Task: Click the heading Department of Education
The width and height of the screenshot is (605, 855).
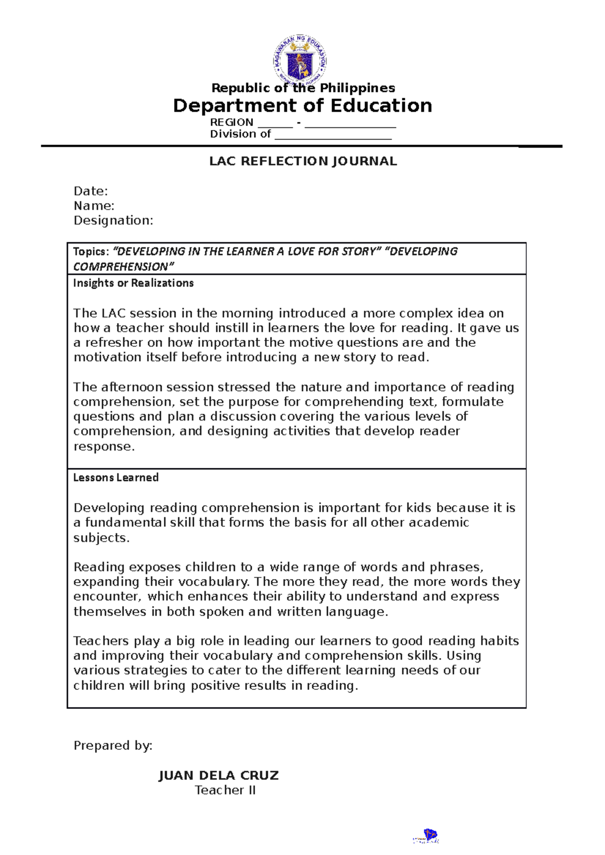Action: click(x=302, y=106)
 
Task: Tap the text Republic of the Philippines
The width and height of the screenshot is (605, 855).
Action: click(x=303, y=88)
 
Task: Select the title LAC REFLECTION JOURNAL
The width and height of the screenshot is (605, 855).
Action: click(x=303, y=161)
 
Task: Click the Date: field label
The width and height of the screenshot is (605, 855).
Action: click(x=91, y=191)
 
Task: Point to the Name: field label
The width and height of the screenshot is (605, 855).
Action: click(x=94, y=206)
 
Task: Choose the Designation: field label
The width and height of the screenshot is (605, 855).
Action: click(x=113, y=221)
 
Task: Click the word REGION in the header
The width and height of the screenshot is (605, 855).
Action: click(x=231, y=122)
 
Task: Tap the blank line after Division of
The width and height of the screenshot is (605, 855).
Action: click(x=333, y=135)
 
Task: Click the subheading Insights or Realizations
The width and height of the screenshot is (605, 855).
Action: click(x=133, y=283)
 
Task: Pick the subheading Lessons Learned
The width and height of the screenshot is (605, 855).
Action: click(x=116, y=477)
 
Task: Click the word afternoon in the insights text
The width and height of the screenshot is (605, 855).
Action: click(x=132, y=387)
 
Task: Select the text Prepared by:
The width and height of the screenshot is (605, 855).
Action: click(x=113, y=746)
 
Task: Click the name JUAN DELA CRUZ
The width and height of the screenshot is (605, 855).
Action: click(x=218, y=775)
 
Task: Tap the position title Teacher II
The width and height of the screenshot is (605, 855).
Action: click(x=225, y=791)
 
